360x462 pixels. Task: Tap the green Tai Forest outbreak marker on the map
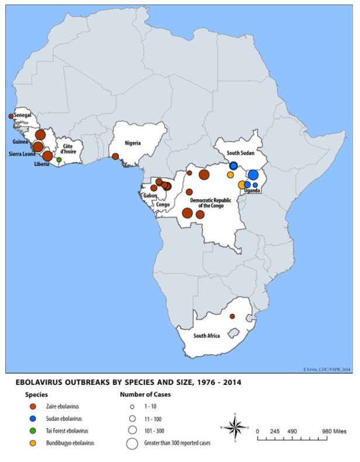point(58,159)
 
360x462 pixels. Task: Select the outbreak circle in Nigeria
point(115,156)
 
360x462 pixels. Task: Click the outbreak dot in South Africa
point(232,316)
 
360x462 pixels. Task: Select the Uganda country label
point(252,191)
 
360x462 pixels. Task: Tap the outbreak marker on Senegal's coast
point(11,116)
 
